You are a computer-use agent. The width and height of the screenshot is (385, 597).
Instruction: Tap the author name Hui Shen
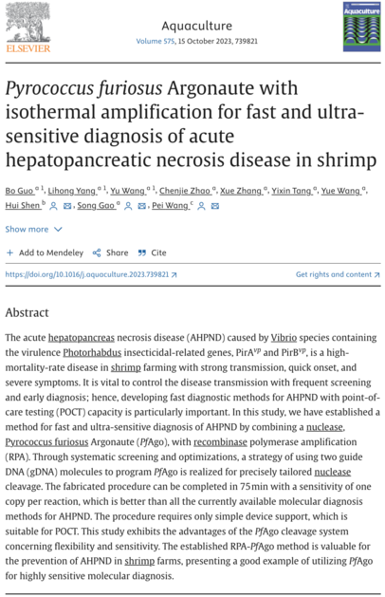tap(23, 206)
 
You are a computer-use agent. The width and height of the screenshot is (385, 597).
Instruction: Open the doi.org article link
tap(87, 274)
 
